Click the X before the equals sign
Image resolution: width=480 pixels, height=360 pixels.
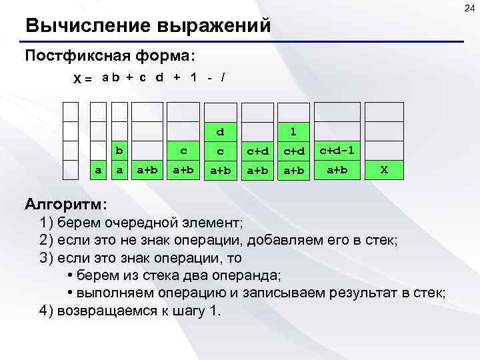point(77,78)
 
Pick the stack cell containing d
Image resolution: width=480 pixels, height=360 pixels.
point(219,131)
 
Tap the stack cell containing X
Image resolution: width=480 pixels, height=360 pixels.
point(384,170)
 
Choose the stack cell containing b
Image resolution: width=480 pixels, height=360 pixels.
point(119,151)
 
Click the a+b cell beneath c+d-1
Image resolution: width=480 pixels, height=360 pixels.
point(336,170)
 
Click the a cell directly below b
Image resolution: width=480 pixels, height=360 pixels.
point(119,170)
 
